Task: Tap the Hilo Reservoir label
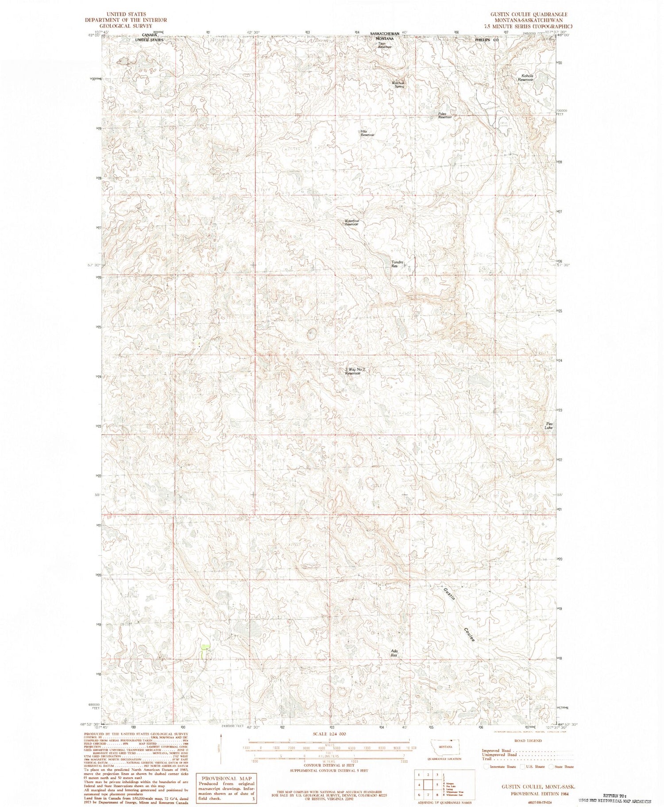367,133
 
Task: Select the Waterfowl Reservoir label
351,223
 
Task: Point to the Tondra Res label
397,264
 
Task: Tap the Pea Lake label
548,426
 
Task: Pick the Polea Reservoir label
445,115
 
